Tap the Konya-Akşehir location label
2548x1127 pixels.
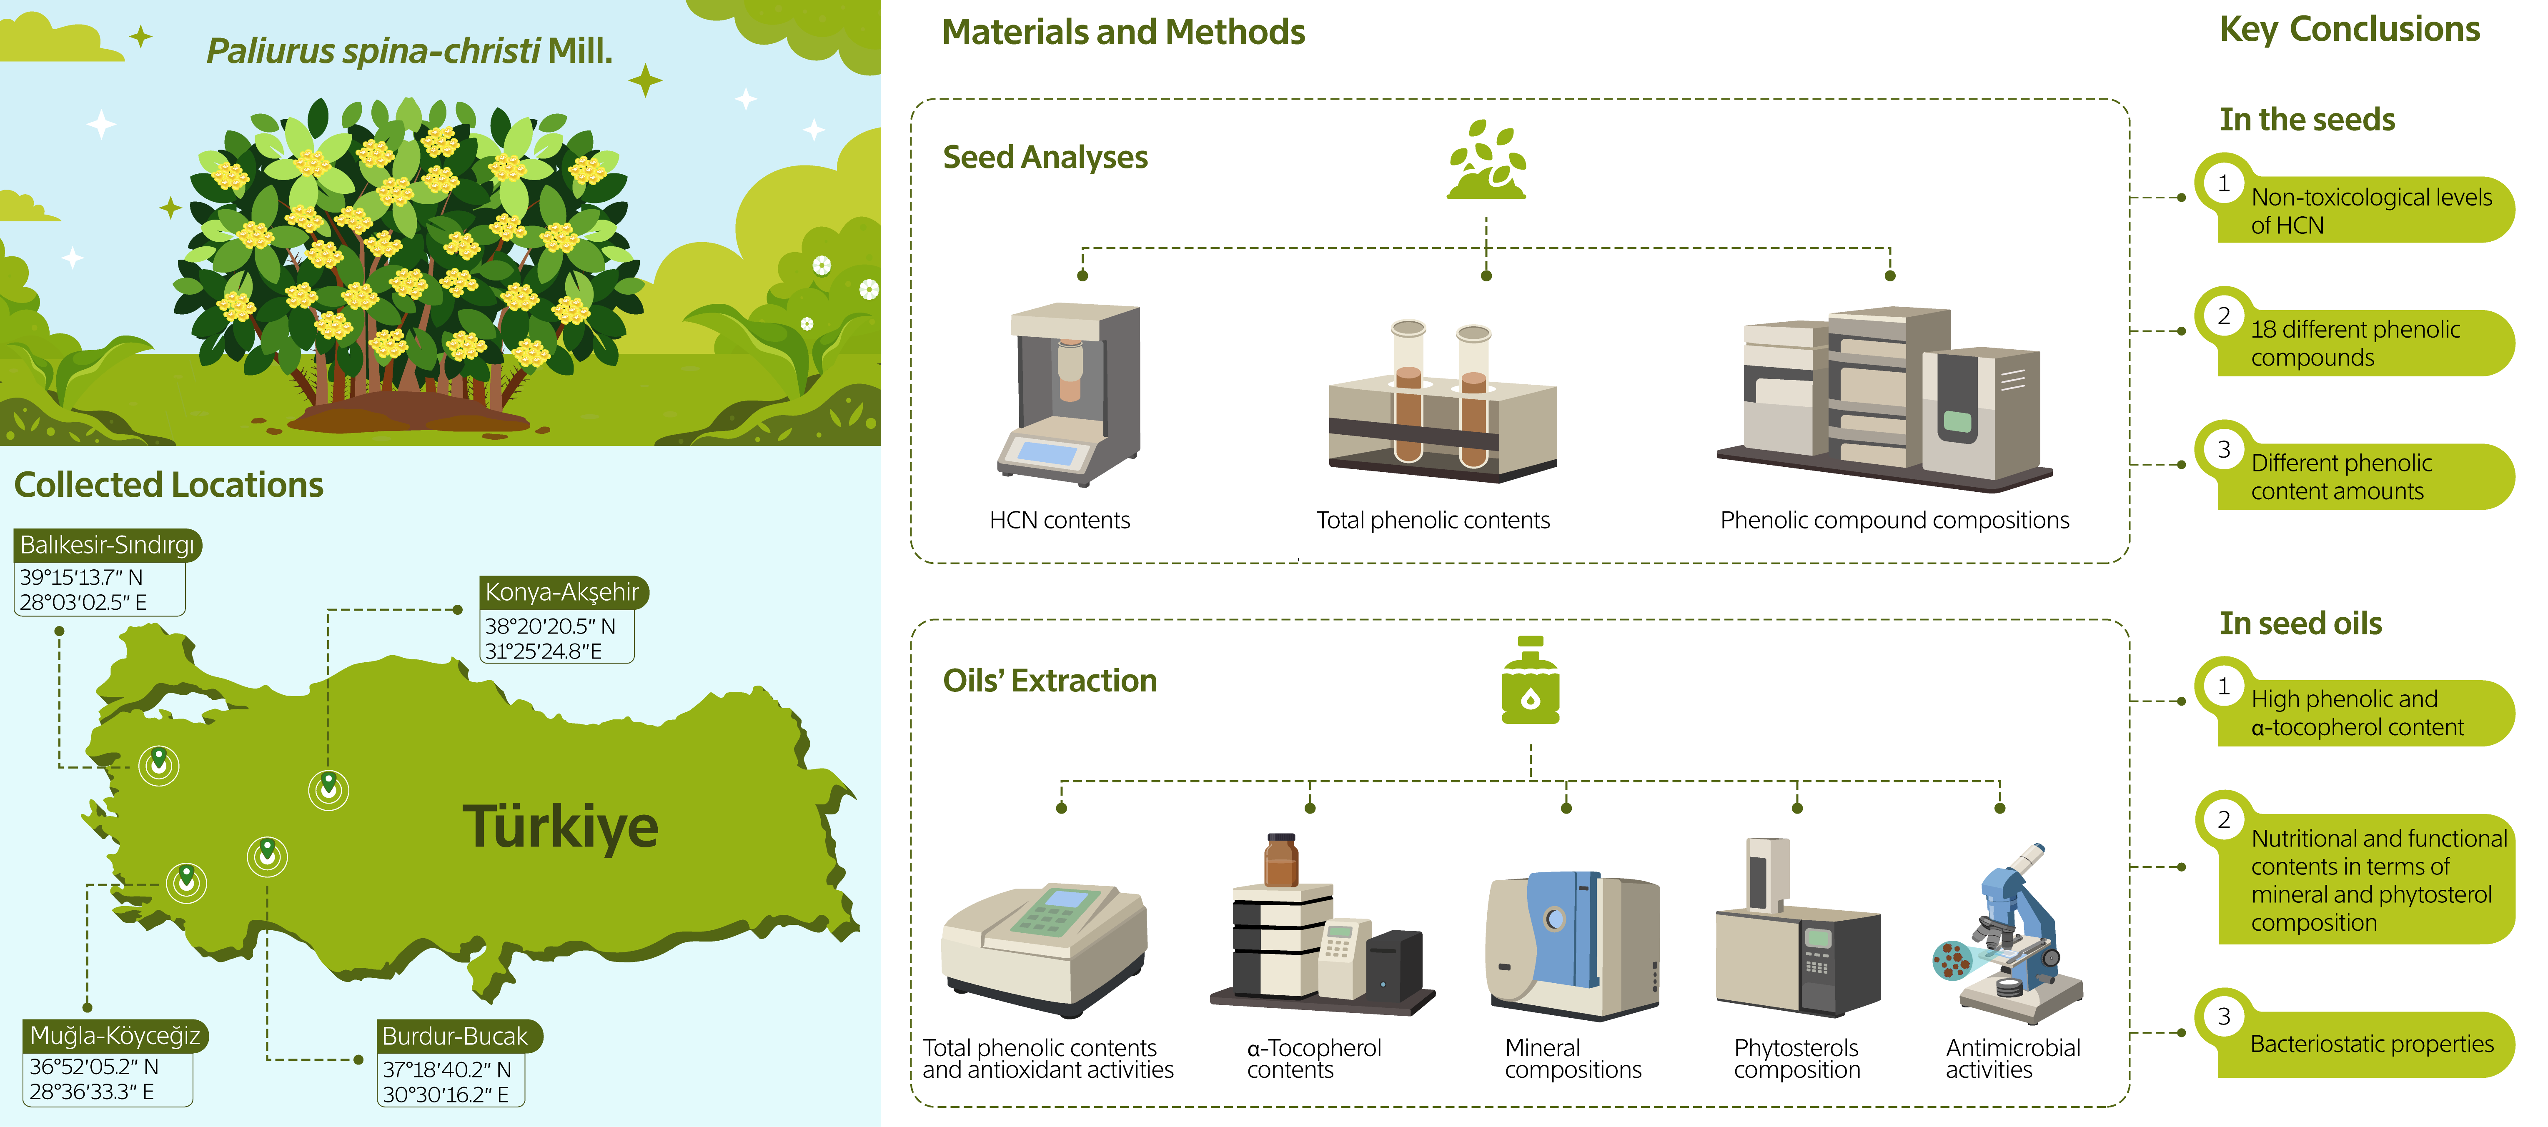(x=562, y=593)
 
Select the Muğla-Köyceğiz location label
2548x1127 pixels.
(x=115, y=1036)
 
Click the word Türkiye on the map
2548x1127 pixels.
(x=560, y=827)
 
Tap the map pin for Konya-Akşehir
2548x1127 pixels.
(x=328, y=786)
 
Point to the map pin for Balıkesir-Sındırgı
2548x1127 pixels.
(x=158, y=763)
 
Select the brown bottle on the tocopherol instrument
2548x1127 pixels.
(x=1281, y=861)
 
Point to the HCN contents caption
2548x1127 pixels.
(x=1060, y=521)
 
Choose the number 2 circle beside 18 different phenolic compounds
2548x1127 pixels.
(x=2224, y=317)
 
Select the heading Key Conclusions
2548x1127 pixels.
(x=2349, y=30)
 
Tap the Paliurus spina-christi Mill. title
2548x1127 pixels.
(x=408, y=50)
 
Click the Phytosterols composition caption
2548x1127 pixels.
(x=1796, y=1059)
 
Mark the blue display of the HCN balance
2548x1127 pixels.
(x=1047, y=453)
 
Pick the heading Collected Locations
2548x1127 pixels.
(x=168, y=485)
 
